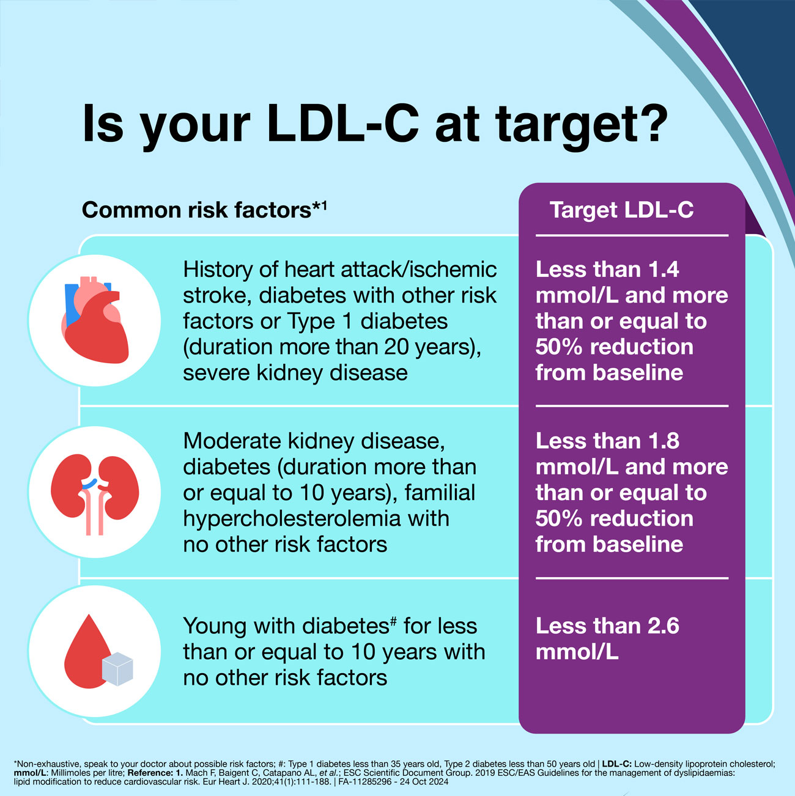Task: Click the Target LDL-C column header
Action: (x=621, y=210)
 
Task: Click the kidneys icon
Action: (x=95, y=493)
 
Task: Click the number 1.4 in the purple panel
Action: (x=664, y=270)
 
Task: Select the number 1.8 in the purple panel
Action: (x=664, y=441)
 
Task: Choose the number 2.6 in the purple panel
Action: (x=663, y=626)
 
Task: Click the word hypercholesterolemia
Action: (x=292, y=519)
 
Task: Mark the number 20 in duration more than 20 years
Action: (x=397, y=347)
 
